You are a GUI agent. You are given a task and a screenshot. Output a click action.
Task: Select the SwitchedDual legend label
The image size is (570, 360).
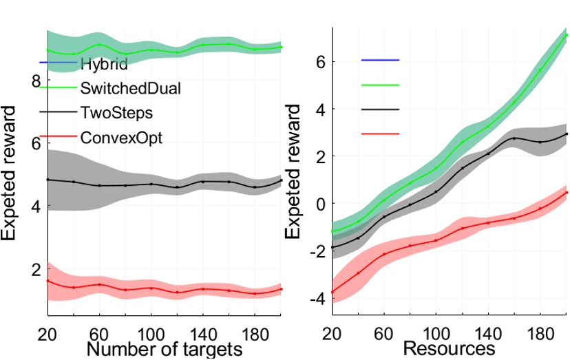click(x=126, y=88)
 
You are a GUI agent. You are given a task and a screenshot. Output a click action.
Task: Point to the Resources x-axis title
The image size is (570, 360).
click(x=448, y=349)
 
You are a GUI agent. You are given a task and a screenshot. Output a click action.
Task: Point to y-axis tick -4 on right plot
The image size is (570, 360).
click(x=317, y=299)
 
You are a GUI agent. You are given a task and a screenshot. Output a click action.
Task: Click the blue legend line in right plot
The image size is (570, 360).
click(x=380, y=60)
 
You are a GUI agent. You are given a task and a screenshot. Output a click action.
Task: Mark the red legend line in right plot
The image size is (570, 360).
click(x=380, y=134)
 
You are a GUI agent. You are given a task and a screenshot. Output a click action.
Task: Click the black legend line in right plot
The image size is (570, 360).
click(x=380, y=109)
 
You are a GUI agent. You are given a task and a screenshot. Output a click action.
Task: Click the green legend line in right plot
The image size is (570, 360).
click(x=380, y=85)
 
